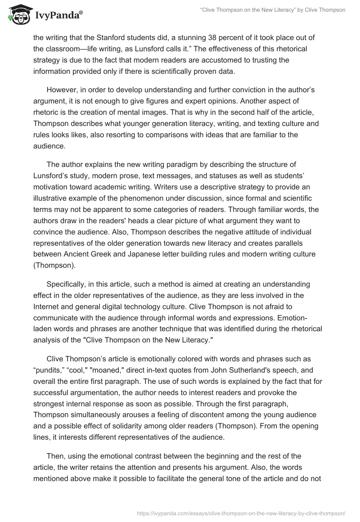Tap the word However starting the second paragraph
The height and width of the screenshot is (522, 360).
[x=62, y=90]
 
